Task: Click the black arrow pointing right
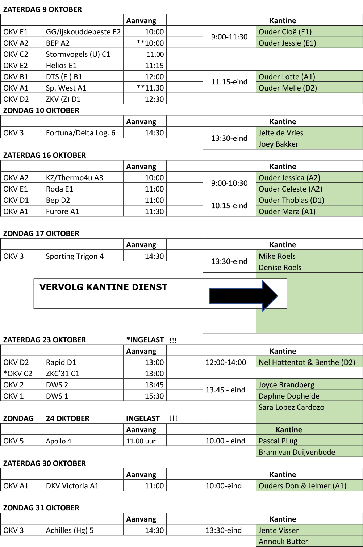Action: click(243, 296)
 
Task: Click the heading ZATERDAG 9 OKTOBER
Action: click(42, 9)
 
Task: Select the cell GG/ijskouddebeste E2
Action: click(83, 32)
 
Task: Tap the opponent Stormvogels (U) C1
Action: click(78, 54)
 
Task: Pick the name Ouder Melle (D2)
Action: click(288, 88)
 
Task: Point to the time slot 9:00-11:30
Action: click(229, 37)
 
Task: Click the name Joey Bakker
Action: click(279, 144)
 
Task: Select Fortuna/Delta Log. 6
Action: click(80, 133)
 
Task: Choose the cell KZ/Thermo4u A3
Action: click(74, 178)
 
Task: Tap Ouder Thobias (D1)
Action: click(291, 200)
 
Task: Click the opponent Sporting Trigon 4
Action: click(75, 256)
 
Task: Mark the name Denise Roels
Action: click(280, 268)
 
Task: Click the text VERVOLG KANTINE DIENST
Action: click(103, 287)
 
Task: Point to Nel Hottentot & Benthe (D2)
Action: click(307, 362)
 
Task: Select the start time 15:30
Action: click(154, 396)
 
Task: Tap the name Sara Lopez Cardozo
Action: click(291, 407)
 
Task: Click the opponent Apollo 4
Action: click(58, 441)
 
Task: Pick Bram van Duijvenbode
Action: click(297, 452)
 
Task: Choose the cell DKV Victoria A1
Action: click(72, 486)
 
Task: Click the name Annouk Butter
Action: click(283, 542)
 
